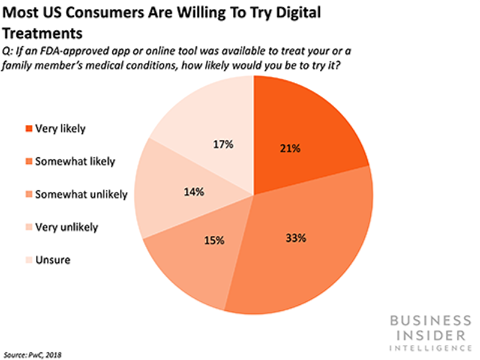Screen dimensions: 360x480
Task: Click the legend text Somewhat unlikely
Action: coord(80,194)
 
